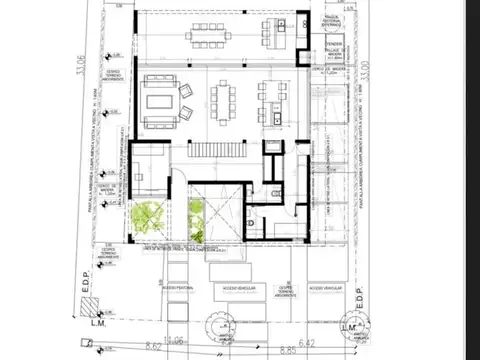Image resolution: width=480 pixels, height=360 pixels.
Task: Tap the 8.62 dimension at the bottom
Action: click(x=154, y=347)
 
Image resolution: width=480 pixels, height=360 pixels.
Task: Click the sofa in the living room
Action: click(x=159, y=100)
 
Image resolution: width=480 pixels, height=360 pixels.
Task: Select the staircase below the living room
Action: click(x=219, y=150)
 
